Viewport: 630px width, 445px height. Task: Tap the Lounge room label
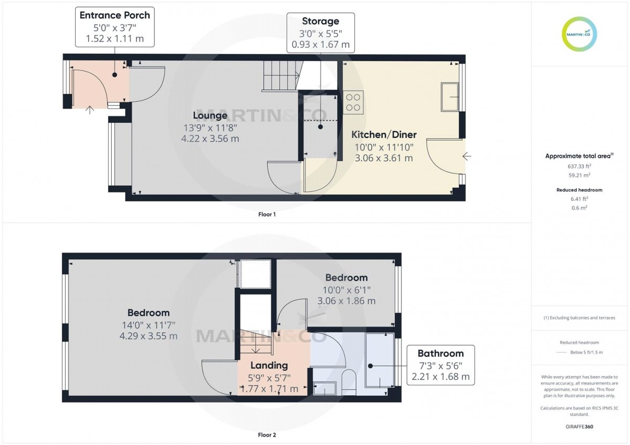tap(210, 115)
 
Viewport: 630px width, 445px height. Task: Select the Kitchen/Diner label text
tap(384, 135)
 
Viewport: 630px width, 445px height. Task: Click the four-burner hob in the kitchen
tap(353, 102)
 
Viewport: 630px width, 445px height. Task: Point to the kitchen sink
tap(450, 97)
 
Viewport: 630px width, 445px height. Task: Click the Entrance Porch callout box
tap(115, 27)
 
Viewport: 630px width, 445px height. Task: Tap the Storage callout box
tap(321, 33)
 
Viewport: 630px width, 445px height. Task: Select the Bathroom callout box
tap(440, 365)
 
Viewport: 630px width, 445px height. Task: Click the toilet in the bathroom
tap(349, 382)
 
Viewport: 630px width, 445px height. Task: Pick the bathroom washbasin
tap(325, 388)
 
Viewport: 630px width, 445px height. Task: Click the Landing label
tap(269, 365)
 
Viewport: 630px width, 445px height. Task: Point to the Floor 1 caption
tap(267, 215)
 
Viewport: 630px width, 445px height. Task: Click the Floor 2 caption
tap(267, 435)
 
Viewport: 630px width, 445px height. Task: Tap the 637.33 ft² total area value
tap(580, 166)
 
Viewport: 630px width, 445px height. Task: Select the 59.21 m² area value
tap(580, 175)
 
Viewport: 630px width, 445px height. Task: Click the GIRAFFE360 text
tap(580, 427)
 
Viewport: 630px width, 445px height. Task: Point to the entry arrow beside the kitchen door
tap(467, 156)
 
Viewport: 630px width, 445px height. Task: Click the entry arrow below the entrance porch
tap(90, 110)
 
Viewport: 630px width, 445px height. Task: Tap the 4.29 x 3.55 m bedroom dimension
tap(149, 336)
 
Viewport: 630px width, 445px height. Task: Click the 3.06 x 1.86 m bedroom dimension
tap(346, 301)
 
